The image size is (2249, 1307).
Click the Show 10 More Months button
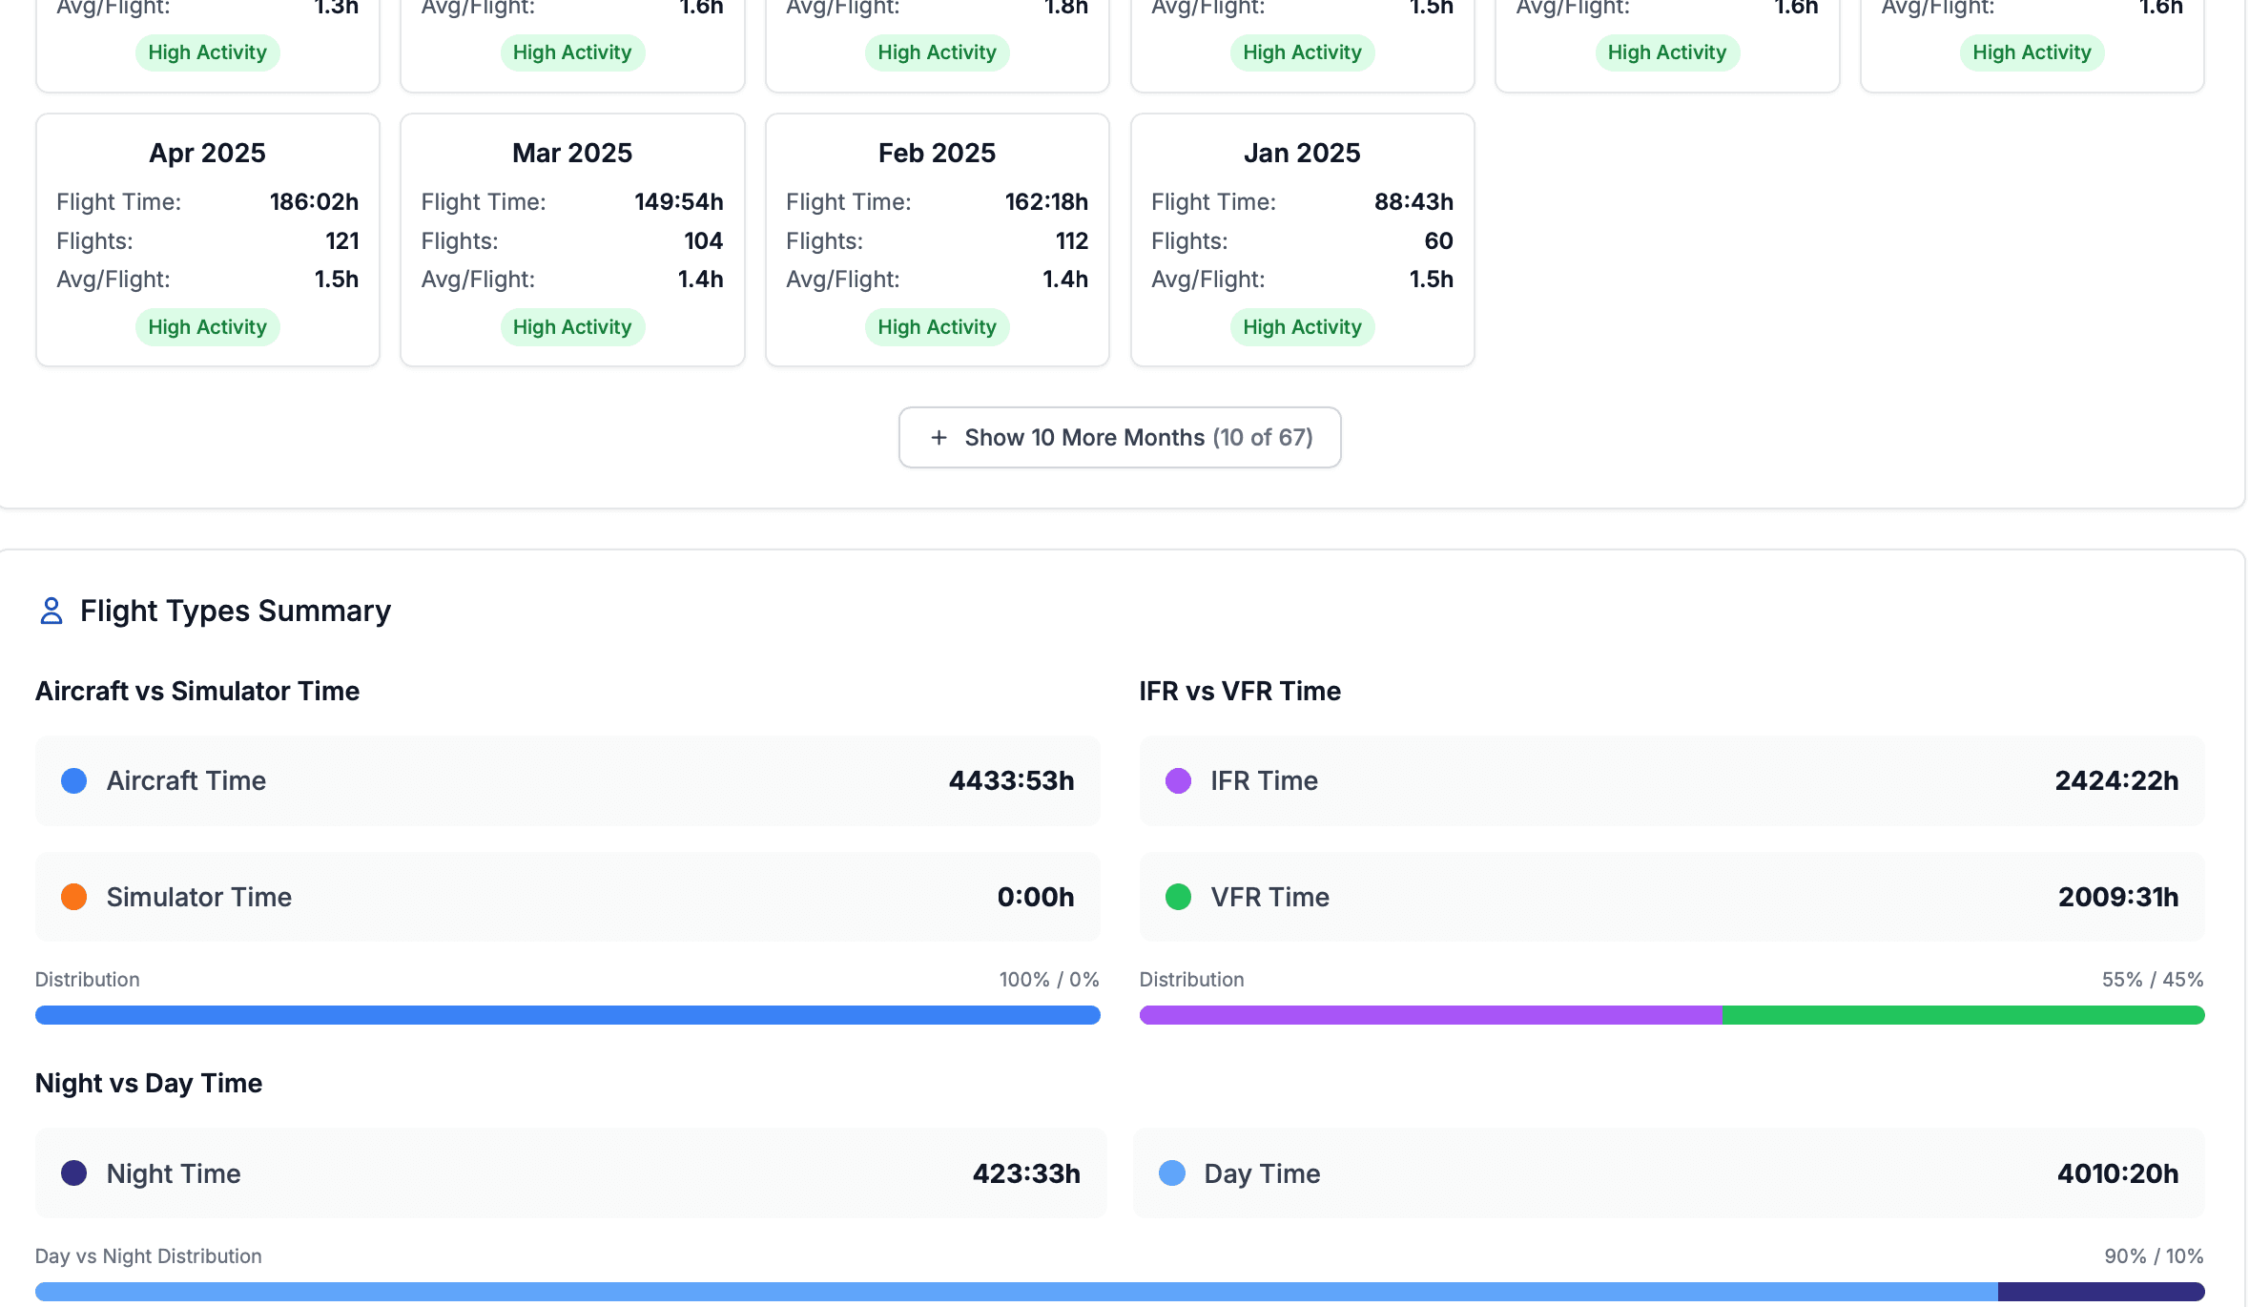(x=1120, y=438)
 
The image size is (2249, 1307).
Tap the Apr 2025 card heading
(x=207, y=153)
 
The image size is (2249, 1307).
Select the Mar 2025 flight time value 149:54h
(x=678, y=202)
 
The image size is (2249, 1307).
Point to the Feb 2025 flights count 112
(x=1071, y=241)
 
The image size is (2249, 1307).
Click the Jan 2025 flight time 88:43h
(x=1413, y=202)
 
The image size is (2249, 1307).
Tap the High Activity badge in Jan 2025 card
(x=1302, y=327)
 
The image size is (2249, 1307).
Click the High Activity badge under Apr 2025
(x=207, y=327)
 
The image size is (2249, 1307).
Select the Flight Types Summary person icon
(x=52, y=611)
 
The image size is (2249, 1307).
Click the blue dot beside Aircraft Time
(x=74, y=781)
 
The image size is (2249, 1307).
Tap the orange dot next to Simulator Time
(x=74, y=897)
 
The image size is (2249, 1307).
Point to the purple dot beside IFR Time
(x=1178, y=781)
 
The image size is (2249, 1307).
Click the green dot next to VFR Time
(x=1178, y=897)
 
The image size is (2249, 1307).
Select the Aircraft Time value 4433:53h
(x=1011, y=781)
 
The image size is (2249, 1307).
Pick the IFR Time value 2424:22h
(x=2115, y=781)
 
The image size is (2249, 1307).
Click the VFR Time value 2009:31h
(x=2117, y=897)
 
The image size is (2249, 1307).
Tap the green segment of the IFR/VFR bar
(x=1963, y=1015)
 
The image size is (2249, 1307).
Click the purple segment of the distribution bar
(x=1431, y=1015)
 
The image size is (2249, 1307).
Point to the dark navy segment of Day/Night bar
(x=2100, y=1292)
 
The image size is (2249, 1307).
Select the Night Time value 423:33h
(x=1026, y=1173)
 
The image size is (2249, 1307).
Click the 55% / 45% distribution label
(x=2152, y=980)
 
